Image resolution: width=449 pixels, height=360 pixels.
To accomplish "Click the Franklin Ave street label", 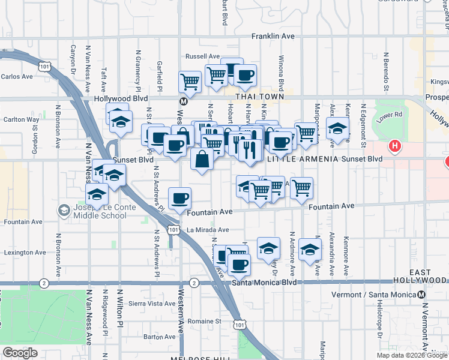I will point(273,37).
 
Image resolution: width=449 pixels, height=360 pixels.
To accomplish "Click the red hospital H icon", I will point(394,145).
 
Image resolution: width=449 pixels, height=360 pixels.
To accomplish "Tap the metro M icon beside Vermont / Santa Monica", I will point(422,295).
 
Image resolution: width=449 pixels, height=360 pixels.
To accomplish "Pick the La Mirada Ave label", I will point(208,230).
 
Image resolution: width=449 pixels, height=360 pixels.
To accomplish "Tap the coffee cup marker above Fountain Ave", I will point(179,198).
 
